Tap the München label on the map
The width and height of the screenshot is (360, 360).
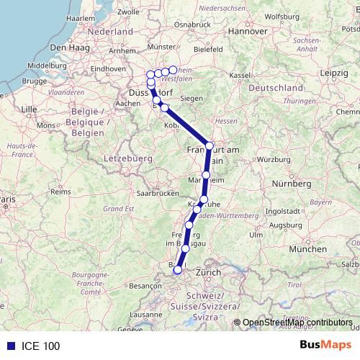[x=307, y=248]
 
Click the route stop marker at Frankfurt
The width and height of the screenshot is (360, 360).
[x=209, y=145]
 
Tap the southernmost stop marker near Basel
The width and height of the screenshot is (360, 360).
[x=178, y=270]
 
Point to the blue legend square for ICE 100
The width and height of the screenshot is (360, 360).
[x=9, y=346]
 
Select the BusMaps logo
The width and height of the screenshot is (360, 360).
[x=325, y=345]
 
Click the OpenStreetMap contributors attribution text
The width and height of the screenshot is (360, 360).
[x=297, y=323]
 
